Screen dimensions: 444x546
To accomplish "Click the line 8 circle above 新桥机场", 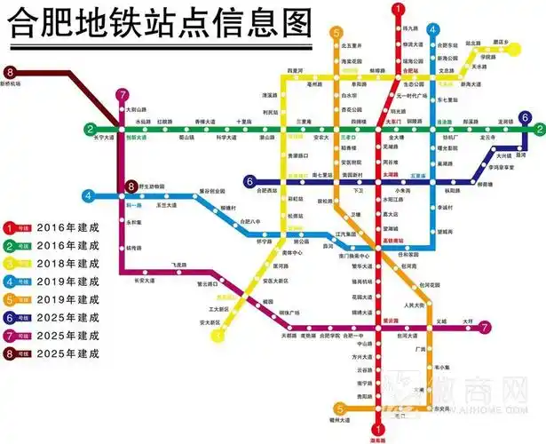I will click(12, 72).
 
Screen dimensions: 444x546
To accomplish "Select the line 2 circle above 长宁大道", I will click(89, 129).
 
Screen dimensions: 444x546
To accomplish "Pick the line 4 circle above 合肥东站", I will click(432, 30).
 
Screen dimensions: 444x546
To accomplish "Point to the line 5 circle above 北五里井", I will click(337, 33).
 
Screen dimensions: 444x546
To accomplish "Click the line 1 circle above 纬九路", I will click(398, 8).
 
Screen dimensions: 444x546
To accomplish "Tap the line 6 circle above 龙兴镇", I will click(526, 117).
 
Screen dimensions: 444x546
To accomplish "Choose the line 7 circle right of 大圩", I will click(486, 327).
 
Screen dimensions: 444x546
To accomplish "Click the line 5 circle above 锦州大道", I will click(336, 409).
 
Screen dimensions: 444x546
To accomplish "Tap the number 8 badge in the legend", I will click(10, 353).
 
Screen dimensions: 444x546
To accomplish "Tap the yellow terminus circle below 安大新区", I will click(213, 335).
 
